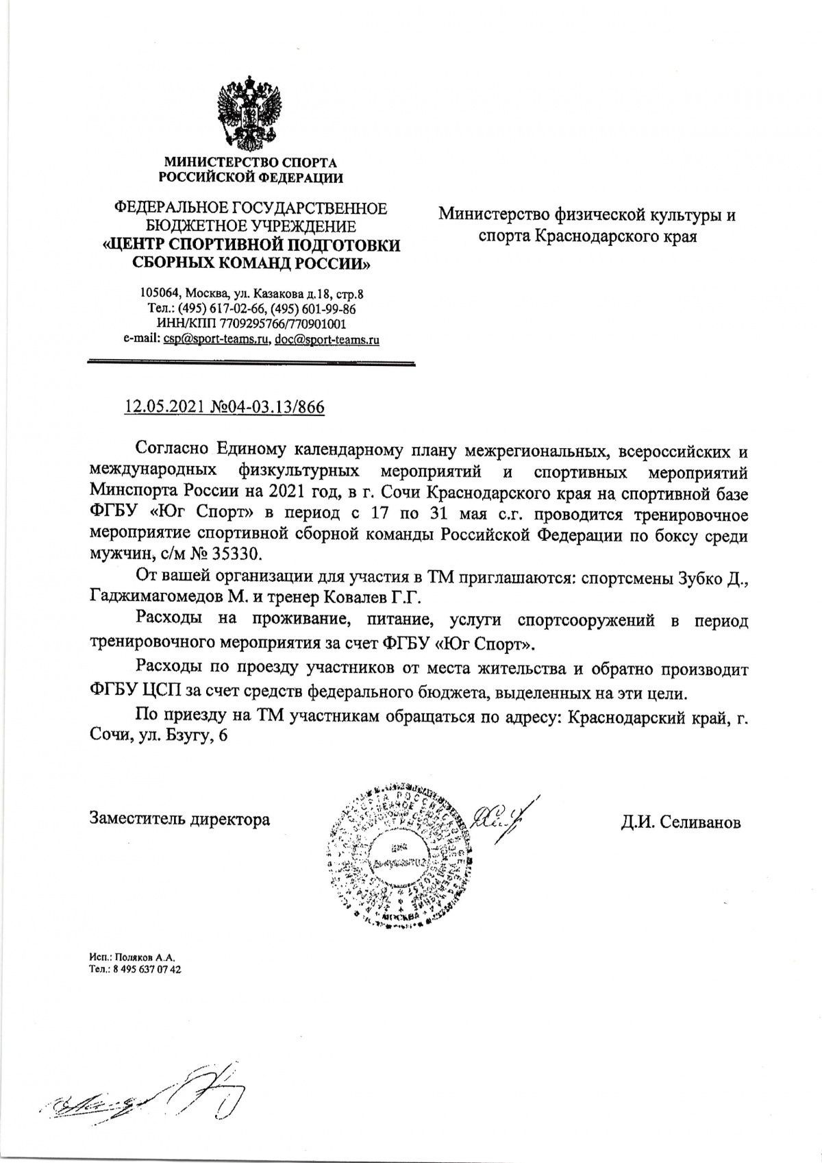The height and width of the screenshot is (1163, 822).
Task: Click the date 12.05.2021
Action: (158, 408)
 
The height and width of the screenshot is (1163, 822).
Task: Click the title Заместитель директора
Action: (179, 818)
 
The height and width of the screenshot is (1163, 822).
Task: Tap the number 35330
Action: (233, 552)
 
